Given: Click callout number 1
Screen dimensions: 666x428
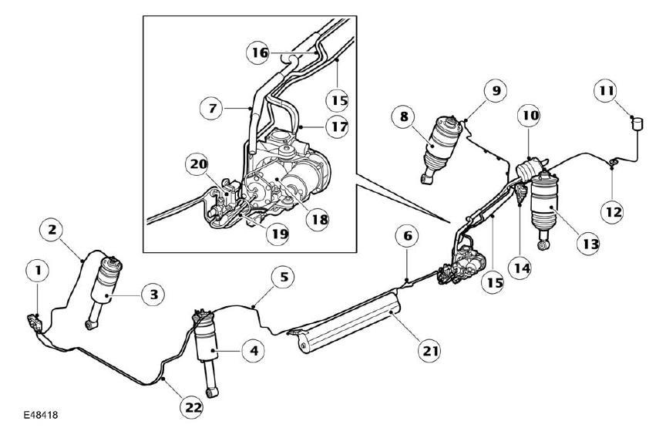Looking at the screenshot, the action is (x=39, y=271).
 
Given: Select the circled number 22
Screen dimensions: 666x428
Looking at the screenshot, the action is (x=192, y=408).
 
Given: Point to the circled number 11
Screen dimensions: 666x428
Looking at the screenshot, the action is (x=606, y=90).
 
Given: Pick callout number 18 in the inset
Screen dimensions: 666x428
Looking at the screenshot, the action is (x=318, y=219).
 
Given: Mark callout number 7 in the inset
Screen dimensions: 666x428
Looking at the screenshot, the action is (x=211, y=109).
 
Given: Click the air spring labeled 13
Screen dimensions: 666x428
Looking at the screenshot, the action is (x=544, y=208).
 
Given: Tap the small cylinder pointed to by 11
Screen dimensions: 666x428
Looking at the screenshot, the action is (x=637, y=123).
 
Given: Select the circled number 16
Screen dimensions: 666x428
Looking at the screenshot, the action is (x=258, y=52).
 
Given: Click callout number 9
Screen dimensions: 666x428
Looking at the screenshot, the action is (x=496, y=90).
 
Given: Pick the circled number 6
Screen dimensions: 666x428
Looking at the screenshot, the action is (x=407, y=236).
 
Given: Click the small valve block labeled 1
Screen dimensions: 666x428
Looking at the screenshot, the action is (x=35, y=323).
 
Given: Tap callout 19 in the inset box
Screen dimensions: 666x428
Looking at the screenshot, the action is (x=277, y=234).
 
